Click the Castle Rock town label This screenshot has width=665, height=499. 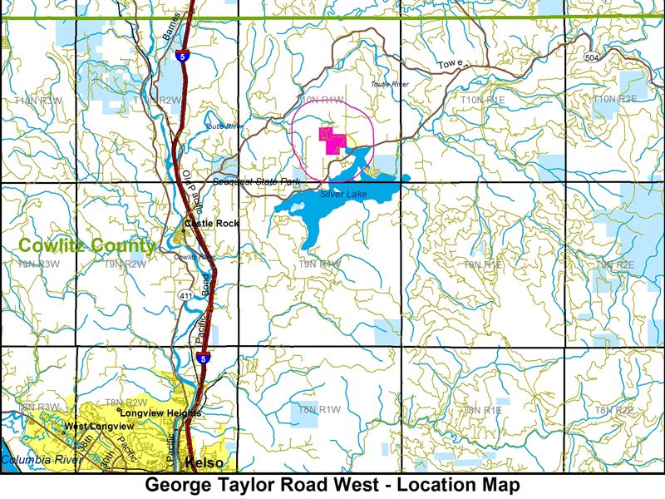[x=211, y=224]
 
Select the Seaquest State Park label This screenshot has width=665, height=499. [x=257, y=181]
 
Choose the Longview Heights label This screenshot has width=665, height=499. [x=160, y=413]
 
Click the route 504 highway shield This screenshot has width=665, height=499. [x=591, y=57]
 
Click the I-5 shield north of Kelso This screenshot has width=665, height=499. [x=203, y=358]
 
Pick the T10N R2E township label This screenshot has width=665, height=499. [x=615, y=99]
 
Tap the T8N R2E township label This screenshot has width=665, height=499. [x=614, y=410]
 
